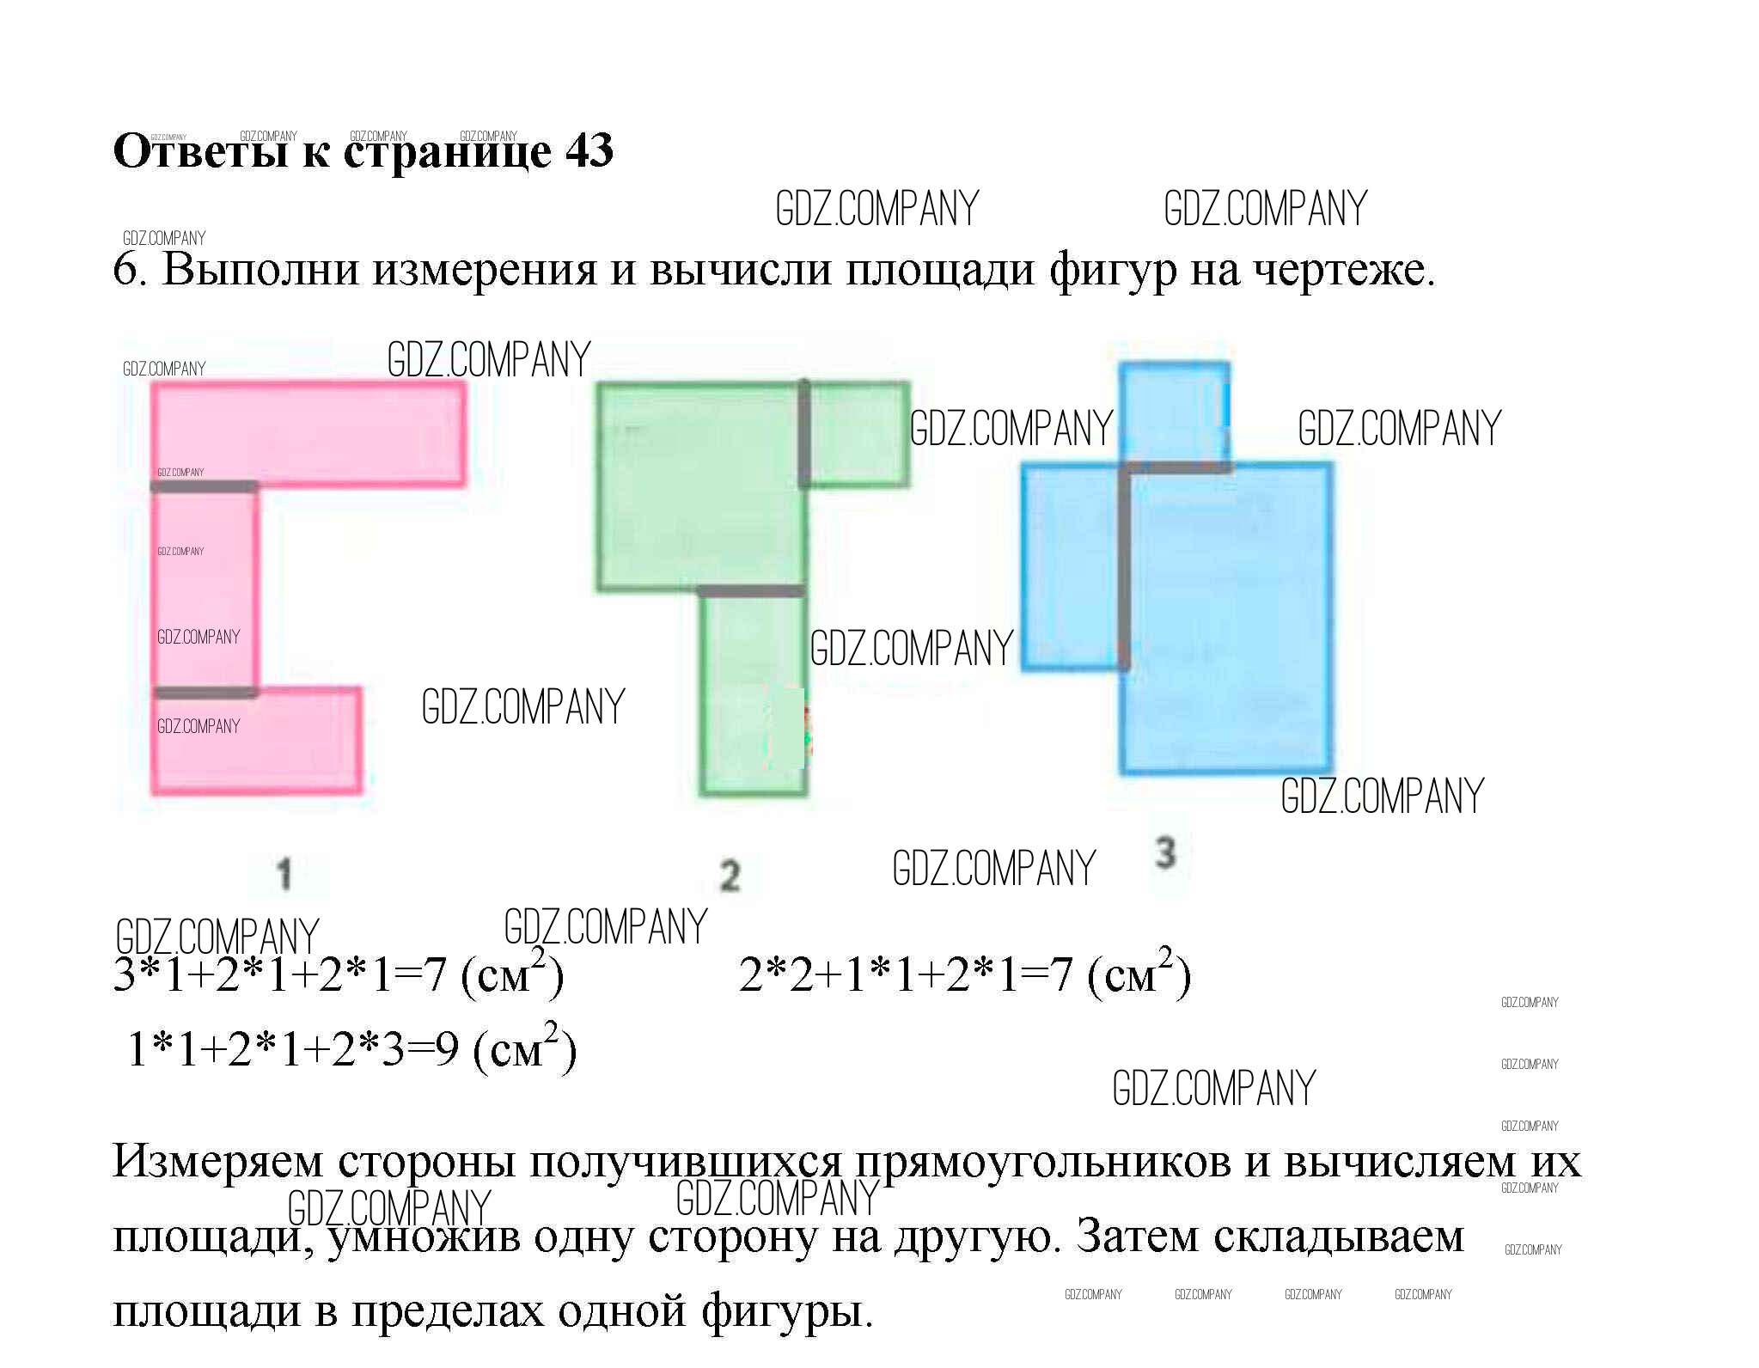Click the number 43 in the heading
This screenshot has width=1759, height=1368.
click(589, 151)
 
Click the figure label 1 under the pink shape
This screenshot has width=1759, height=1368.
click(284, 875)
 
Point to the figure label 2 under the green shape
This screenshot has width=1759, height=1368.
click(730, 876)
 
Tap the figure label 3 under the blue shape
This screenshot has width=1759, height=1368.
click(1164, 853)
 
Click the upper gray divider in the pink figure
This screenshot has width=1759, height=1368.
click(205, 486)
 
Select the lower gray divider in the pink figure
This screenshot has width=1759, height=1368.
click(205, 693)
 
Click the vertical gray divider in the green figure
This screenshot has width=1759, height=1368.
click(804, 434)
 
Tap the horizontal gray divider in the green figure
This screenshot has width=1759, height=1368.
click(751, 591)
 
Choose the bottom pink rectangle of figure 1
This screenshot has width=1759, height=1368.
click(256, 742)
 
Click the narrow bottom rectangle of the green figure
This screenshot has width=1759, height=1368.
click(754, 694)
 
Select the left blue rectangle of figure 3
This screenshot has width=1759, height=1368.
click(1072, 567)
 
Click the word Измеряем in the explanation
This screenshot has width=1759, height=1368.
click(218, 1162)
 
